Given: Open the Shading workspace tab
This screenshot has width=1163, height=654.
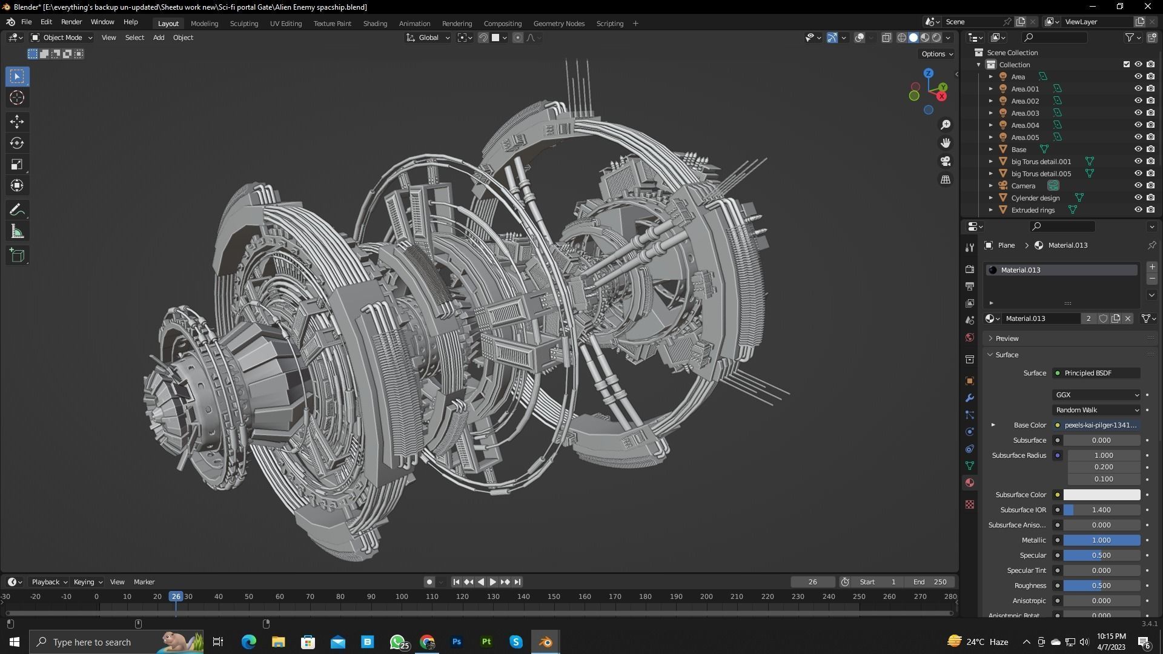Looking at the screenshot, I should [375, 24].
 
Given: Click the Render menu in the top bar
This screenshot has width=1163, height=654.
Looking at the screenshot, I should [71, 22].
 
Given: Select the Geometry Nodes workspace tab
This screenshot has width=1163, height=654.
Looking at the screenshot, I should [558, 24].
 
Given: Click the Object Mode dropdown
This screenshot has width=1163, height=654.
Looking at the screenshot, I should [62, 38].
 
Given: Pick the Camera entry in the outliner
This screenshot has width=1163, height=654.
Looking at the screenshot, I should [1023, 186].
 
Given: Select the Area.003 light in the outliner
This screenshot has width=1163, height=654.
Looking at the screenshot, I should [1025, 113].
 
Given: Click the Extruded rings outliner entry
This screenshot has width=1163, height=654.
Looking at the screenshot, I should [1033, 210].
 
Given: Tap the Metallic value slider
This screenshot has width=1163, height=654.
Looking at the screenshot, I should [1101, 540].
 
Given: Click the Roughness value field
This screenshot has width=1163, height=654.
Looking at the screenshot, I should [1101, 586].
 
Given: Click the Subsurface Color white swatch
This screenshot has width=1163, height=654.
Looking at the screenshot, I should [1101, 495].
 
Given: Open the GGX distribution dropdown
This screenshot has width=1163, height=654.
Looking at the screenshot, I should [1096, 395].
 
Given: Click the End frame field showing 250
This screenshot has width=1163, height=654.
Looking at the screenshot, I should [930, 582].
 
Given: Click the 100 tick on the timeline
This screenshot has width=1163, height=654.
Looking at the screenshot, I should [402, 596].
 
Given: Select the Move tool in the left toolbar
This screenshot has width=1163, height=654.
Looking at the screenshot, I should [17, 122].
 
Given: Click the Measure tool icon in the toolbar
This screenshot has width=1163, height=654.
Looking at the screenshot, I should [17, 232].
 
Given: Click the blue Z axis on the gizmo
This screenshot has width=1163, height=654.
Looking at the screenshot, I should [929, 73].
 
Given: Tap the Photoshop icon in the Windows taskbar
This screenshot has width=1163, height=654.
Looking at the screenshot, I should [457, 642].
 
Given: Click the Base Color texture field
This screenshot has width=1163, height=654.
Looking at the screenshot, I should [1100, 425].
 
